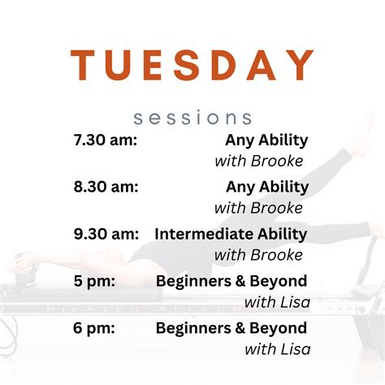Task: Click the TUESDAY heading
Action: point(192,65)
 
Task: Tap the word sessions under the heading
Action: point(192,118)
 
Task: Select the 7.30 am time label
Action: point(105,140)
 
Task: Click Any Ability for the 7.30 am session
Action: point(267,140)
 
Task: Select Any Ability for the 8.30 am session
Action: point(267,187)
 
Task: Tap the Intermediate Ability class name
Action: point(231,234)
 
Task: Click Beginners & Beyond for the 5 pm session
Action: point(231,281)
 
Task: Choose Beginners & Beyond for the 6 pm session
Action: point(231,328)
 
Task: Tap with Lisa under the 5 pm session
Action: point(277,303)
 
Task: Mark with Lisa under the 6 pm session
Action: point(277,350)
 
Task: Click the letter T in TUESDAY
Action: point(84,65)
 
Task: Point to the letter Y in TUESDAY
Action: point(301,65)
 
